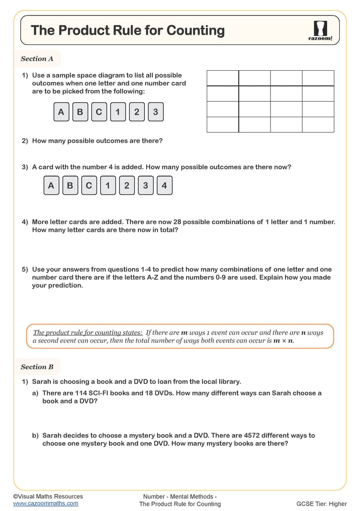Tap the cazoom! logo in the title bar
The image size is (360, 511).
320,31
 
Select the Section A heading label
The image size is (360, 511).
37,59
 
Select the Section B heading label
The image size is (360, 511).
37,367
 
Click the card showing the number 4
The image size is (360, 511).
164,185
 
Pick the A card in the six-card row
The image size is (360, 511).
61,112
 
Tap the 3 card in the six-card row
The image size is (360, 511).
156,112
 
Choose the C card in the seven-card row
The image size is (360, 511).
89,185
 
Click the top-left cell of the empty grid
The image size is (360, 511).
223,78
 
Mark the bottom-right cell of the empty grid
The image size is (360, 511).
318,125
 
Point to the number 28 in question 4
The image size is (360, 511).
177,222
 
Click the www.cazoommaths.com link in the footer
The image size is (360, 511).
45,503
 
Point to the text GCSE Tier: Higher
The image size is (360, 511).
322,504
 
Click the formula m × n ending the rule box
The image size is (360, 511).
284,341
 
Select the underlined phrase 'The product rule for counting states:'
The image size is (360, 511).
88,332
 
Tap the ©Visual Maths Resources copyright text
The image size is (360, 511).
48,496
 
